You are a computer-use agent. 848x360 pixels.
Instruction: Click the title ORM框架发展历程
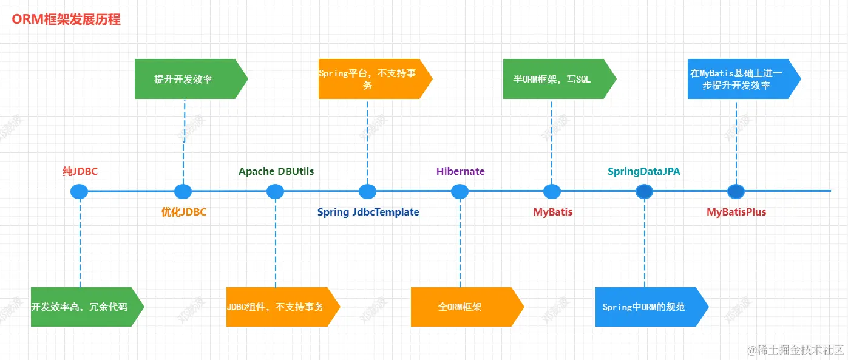point(66,19)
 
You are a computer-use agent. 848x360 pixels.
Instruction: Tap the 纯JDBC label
point(80,171)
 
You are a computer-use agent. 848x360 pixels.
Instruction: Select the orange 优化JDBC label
point(183,212)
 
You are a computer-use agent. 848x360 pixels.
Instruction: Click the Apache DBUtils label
point(276,171)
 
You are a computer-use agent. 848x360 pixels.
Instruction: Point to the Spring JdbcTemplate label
point(368,212)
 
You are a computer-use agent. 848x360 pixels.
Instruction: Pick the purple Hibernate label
point(460,171)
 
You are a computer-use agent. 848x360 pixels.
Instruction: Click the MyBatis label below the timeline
point(552,212)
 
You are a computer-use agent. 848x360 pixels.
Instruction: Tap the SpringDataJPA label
point(644,171)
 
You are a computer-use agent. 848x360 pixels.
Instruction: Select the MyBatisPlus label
point(736,212)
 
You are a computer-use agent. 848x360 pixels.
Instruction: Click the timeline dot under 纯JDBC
point(79,192)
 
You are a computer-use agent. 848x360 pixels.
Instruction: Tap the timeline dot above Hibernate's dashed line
point(460,192)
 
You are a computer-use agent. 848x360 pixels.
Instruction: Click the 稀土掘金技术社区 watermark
point(795,350)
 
